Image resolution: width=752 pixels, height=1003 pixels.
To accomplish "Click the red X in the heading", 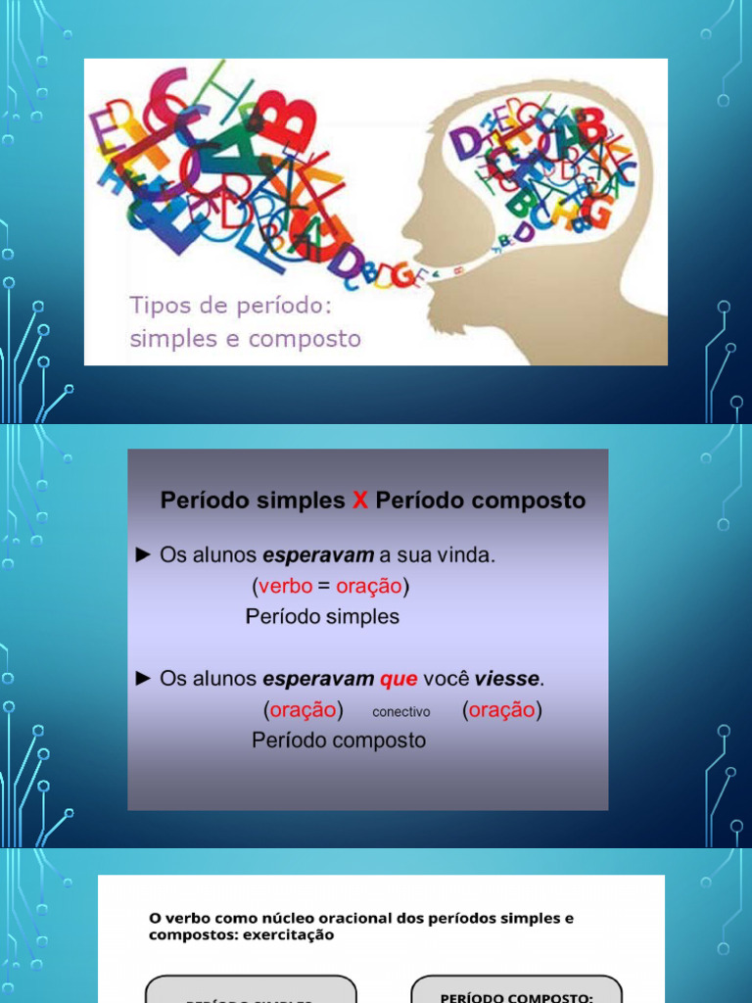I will pyautogui.click(x=360, y=501).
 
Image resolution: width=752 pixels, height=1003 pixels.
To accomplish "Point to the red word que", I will pyautogui.click(x=399, y=678).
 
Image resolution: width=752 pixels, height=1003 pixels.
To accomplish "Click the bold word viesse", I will pyautogui.click(x=507, y=678).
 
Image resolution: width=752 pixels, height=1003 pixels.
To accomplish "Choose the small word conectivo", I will pyautogui.click(x=400, y=712).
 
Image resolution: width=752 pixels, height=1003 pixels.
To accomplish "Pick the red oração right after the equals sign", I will pyautogui.click(x=369, y=587).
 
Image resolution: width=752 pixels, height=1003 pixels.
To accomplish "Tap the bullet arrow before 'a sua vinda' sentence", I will pyautogui.click(x=143, y=555).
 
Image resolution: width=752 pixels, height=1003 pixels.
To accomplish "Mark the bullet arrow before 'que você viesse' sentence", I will pyautogui.click(x=143, y=678).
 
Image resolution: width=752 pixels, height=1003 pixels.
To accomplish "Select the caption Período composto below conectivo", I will pyautogui.click(x=339, y=740).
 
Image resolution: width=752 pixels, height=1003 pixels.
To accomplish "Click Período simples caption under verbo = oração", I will pyautogui.click(x=322, y=617).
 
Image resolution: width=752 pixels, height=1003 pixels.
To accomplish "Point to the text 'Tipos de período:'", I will pyautogui.click(x=232, y=305).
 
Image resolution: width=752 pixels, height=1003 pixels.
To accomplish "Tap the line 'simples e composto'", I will pyautogui.click(x=246, y=339).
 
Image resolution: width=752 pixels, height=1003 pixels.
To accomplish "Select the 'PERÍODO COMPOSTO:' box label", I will pyautogui.click(x=516, y=997).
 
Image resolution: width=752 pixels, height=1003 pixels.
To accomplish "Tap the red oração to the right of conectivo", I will pyautogui.click(x=501, y=710).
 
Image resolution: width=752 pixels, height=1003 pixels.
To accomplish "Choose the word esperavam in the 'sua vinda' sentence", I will pyautogui.click(x=318, y=555).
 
